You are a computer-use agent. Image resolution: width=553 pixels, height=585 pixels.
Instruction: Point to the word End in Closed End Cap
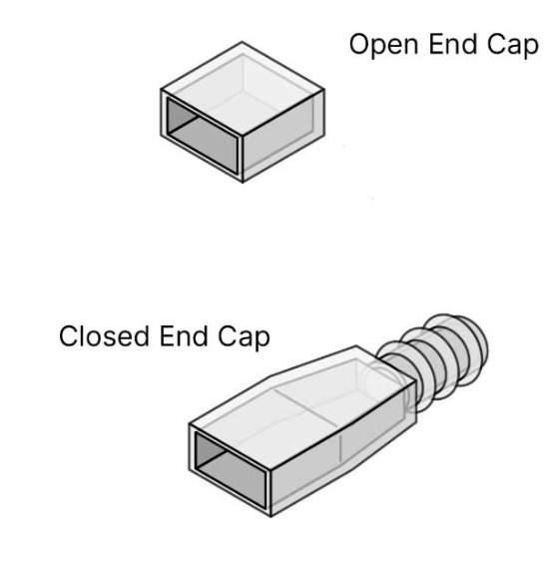[x=184, y=336]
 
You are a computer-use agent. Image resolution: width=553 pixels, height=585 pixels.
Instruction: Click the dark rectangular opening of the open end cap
[x=203, y=136]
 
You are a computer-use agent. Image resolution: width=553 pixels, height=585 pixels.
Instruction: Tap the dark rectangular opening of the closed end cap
[x=231, y=470]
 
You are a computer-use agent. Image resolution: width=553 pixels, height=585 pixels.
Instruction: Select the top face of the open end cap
[x=243, y=89]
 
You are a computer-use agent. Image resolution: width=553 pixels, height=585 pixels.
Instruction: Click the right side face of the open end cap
[x=283, y=136]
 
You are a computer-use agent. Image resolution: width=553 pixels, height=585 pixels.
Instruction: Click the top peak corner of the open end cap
[x=242, y=42]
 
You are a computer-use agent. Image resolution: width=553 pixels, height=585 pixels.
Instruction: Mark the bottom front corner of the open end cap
[x=243, y=182]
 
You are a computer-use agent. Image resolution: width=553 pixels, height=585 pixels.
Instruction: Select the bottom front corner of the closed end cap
[x=272, y=516]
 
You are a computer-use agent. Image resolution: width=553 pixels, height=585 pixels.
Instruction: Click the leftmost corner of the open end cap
[x=161, y=90]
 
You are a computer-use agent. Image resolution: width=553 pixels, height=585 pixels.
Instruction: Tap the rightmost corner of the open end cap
[x=324, y=90]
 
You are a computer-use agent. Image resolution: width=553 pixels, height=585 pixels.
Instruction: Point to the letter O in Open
[x=360, y=44]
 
